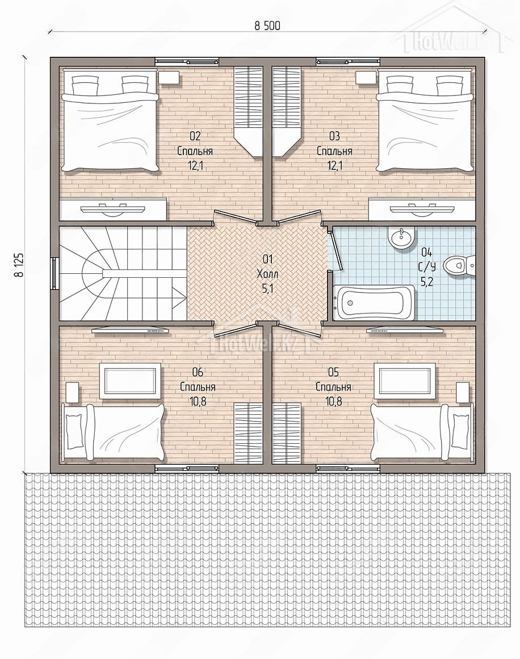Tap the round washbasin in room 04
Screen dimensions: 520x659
click(401, 238)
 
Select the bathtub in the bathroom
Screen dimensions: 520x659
click(374, 302)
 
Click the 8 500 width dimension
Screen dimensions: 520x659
click(267, 26)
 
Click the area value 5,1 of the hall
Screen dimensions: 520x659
click(267, 289)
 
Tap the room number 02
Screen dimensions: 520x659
click(195, 136)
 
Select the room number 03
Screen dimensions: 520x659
click(334, 136)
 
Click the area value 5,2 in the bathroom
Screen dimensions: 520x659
click(426, 282)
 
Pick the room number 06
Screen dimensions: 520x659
click(198, 372)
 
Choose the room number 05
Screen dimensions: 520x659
click(333, 372)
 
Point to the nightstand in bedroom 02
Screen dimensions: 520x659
click(169, 77)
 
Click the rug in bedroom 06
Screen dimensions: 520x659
click(130, 381)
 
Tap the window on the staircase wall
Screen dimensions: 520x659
click(54, 274)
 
